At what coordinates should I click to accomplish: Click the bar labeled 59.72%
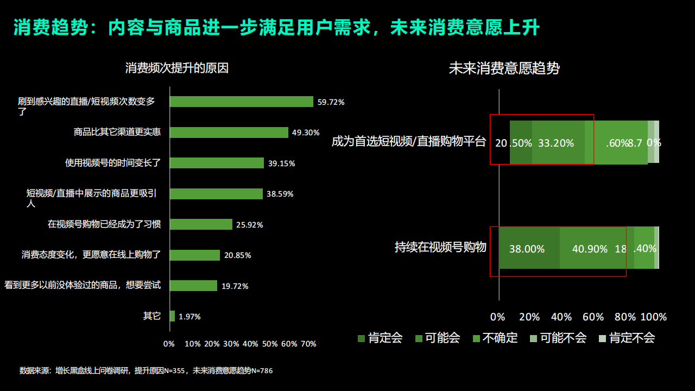tap(241, 102)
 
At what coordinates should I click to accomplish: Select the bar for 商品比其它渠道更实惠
tap(229, 133)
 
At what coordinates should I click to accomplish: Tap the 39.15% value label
tap(281, 163)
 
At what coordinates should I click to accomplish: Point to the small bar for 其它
tap(172, 316)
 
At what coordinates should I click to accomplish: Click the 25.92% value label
tap(249, 225)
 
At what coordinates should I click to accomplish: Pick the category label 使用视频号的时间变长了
tap(113, 162)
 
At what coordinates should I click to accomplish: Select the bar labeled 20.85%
tap(195, 255)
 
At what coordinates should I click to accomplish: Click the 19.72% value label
tap(235, 286)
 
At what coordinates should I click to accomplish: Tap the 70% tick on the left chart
tap(308, 344)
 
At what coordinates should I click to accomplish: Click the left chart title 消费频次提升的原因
tap(177, 68)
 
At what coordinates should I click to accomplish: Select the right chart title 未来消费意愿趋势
tap(504, 68)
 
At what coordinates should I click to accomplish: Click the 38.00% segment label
tap(527, 249)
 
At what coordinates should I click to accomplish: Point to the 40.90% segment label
tap(590, 249)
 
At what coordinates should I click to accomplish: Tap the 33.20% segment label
tap(555, 143)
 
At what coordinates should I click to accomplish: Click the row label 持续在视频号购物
tap(440, 247)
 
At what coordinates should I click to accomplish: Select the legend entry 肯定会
tap(380, 338)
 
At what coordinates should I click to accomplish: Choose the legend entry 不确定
tap(495, 338)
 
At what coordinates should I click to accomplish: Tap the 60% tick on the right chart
tap(593, 317)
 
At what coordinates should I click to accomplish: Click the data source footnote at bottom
tap(146, 371)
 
